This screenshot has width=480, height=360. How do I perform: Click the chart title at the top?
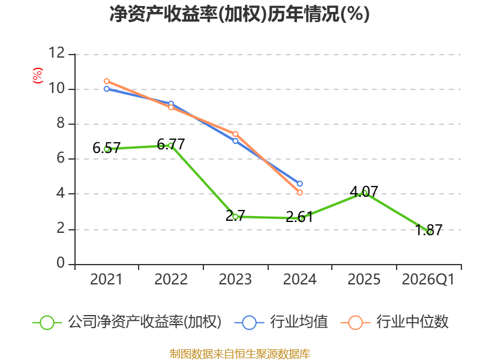[x=239, y=14]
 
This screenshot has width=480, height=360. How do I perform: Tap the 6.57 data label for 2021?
[x=107, y=148]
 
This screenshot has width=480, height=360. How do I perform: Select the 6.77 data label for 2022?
[x=171, y=144]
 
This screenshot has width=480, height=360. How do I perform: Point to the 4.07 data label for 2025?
[x=364, y=192]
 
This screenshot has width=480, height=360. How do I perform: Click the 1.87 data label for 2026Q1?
[x=428, y=230]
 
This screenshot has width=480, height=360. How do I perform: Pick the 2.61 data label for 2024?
[x=299, y=217]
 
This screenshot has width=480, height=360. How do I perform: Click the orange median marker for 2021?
[x=107, y=81]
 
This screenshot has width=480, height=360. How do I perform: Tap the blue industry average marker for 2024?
[x=299, y=184]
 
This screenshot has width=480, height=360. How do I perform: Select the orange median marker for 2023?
[x=235, y=134]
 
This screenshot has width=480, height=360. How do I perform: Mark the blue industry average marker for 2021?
[x=107, y=89]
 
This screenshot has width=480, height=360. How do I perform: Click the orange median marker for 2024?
[x=299, y=193]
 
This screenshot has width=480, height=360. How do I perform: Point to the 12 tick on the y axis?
[x=57, y=53]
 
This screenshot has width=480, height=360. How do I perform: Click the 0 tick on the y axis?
[x=61, y=263]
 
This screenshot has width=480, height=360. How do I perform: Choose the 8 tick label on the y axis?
[x=61, y=123]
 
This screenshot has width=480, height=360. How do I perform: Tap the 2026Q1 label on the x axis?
[x=428, y=280]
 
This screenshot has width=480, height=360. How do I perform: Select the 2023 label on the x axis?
[x=235, y=280]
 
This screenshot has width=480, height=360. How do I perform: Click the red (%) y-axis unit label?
[x=38, y=76]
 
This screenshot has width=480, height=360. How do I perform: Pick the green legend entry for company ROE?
[x=127, y=322]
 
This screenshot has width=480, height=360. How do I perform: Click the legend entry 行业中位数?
[x=395, y=322]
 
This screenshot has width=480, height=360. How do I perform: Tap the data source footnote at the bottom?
[x=240, y=354]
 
